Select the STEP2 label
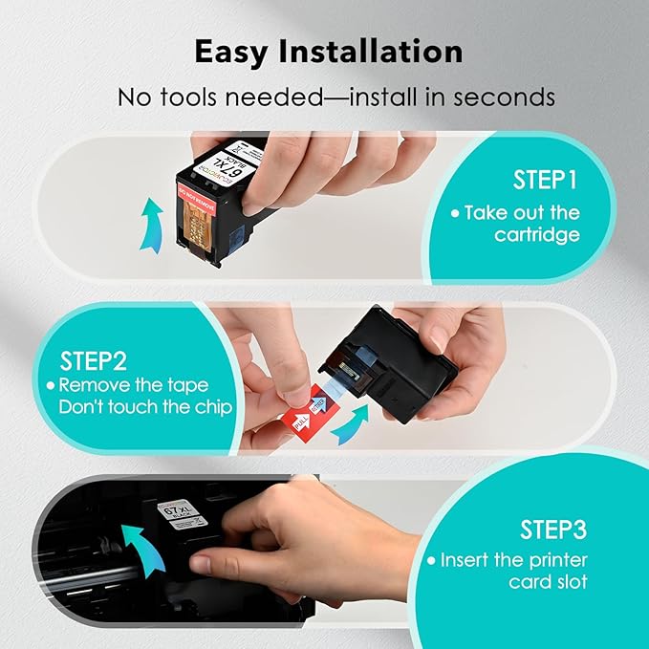pos(95,361)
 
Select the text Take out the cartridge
pos(525,223)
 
